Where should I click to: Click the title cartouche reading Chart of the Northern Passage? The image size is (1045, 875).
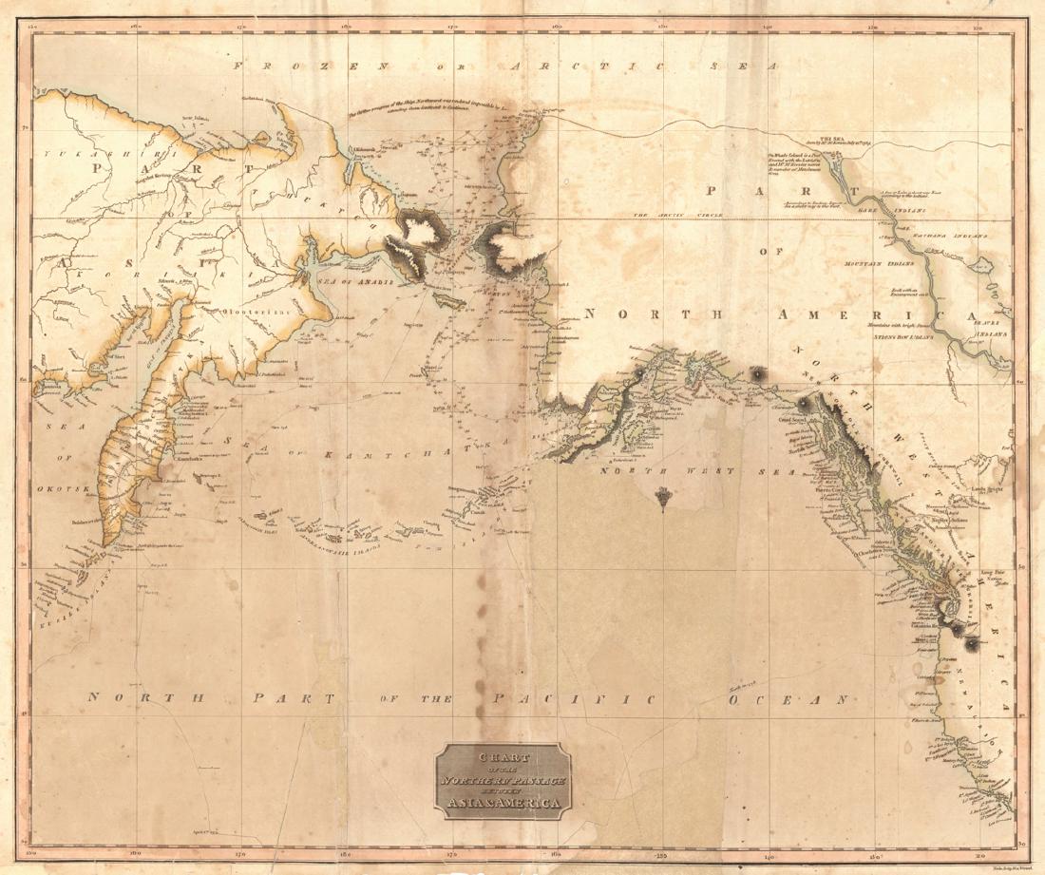(503, 780)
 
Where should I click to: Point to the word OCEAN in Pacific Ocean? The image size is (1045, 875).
(787, 700)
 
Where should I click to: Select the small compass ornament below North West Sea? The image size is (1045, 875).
(662, 494)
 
